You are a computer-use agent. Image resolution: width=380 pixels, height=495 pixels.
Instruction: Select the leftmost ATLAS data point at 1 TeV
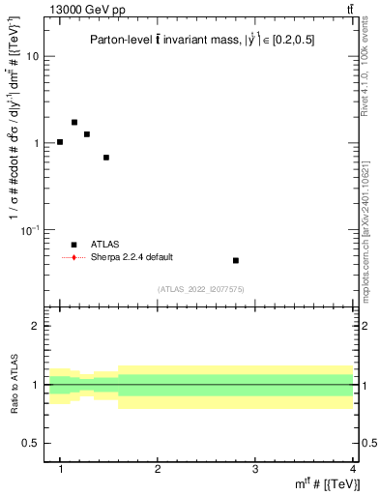pyautogui.click(x=60, y=142)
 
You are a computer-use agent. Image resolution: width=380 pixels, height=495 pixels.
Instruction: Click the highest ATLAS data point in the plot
pyautogui.click(x=74, y=123)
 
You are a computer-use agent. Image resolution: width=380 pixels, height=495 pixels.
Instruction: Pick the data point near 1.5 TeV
pyautogui.click(x=106, y=158)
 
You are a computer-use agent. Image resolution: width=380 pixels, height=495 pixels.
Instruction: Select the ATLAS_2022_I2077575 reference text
pyautogui.click(x=200, y=289)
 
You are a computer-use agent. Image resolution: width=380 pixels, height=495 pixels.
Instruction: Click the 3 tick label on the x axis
pyautogui.click(x=255, y=469)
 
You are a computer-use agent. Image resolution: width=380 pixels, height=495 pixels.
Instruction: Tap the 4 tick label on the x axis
pyautogui.click(x=352, y=469)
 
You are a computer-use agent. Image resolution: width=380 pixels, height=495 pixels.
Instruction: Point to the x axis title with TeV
pyautogui.click(x=324, y=483)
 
